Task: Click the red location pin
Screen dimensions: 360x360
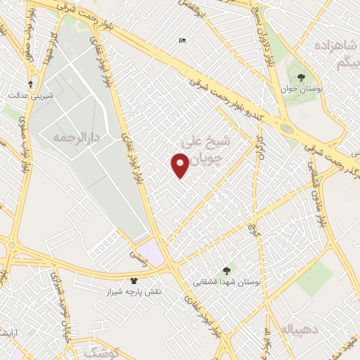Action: [180, 166]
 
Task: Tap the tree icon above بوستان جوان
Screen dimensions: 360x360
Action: [302, 77]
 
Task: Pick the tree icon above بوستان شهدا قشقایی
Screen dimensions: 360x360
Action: [226, 270]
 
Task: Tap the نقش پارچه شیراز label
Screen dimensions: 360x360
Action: [134, 290]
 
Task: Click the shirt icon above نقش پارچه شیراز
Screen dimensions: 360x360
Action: [134, 280]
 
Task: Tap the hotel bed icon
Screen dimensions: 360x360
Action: [183, 40]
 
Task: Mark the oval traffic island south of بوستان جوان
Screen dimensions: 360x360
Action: [287, 129]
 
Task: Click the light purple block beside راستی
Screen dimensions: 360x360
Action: [151, 252]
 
